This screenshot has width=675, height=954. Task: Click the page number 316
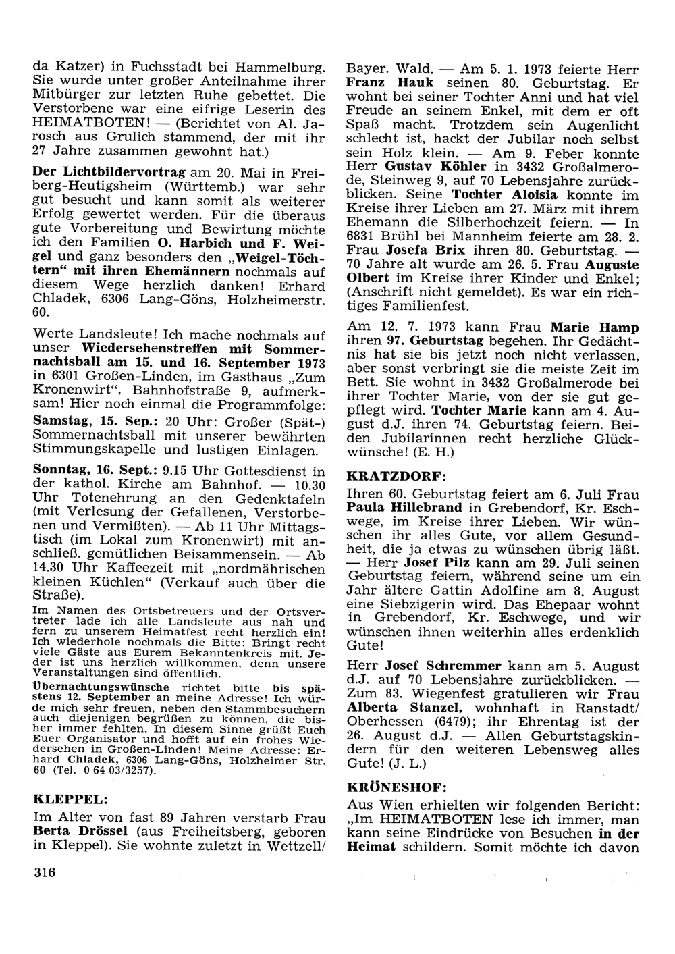(43, 872)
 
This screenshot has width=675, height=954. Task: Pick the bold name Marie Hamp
(595, 327)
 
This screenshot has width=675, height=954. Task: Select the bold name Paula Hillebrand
(404, 507)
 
